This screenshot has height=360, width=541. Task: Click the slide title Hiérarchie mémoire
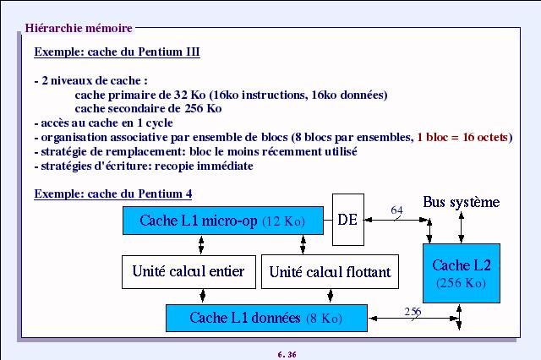coord(79,28)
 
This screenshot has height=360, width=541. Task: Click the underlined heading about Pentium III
coord(117,52)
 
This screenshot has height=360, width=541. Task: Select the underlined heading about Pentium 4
coord(113,194)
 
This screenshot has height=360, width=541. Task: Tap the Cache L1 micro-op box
coord(223,221)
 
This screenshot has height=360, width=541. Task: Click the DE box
coord(347,220)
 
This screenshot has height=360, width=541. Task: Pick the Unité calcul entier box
coord(189,272)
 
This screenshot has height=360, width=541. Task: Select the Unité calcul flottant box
coord(330,272)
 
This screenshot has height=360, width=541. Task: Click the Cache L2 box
coord(462,273)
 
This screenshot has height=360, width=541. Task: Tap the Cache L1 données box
coord(266,318)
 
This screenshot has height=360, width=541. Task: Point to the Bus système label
coord(462,202)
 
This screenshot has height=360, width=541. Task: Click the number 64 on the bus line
coord(396,210)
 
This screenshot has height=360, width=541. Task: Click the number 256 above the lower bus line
coord(413,311)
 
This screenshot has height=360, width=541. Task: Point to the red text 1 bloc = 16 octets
coord(462,137)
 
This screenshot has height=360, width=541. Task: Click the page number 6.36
coord(287,354)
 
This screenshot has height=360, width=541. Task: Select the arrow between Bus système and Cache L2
coord(462,227)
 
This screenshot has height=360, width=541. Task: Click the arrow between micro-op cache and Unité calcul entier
coord(201,245)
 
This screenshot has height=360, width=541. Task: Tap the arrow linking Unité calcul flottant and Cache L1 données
coord(331,297)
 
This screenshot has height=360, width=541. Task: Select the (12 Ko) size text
coord(284,221)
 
